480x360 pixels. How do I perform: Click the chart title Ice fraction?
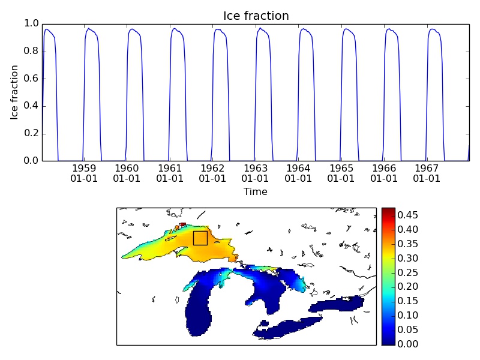coord(256,16)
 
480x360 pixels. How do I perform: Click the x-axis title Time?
coord(256,192)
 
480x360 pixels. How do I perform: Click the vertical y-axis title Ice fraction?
coord(15,92)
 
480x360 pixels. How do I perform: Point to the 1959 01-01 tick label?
coord(84,173)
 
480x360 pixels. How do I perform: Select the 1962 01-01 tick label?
coord(212,173)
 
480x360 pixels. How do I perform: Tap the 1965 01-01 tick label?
coord(341,173)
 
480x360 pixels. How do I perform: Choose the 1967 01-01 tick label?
coord(427,173)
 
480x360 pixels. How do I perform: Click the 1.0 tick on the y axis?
coord(31,23)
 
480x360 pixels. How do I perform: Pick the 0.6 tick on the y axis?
coord(31,79)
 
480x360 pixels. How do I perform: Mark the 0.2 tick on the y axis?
coord(31,133)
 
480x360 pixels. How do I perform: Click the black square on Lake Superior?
coord(200,238)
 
